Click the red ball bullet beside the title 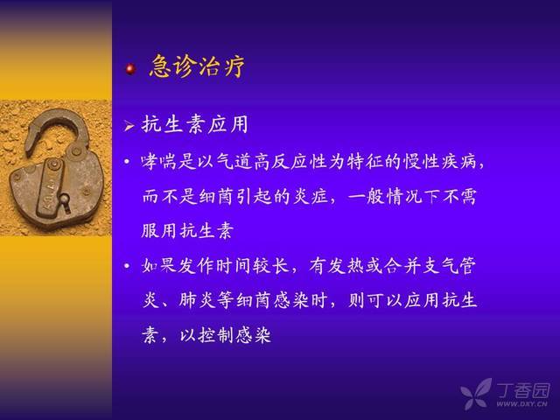[x=130, y=68]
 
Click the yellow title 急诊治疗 [x=197, y=66]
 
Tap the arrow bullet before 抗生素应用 [x=129, y=126]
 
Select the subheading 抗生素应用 [x=194, y=124]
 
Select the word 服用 [x=159, y=231]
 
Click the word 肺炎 [x=197, y=300]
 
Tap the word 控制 [x=216, y=335]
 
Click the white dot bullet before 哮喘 [x=127, y=162]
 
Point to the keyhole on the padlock [x=66, y=202]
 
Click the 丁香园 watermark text [x=523, y=391]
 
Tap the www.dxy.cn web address [x=521, y=404]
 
